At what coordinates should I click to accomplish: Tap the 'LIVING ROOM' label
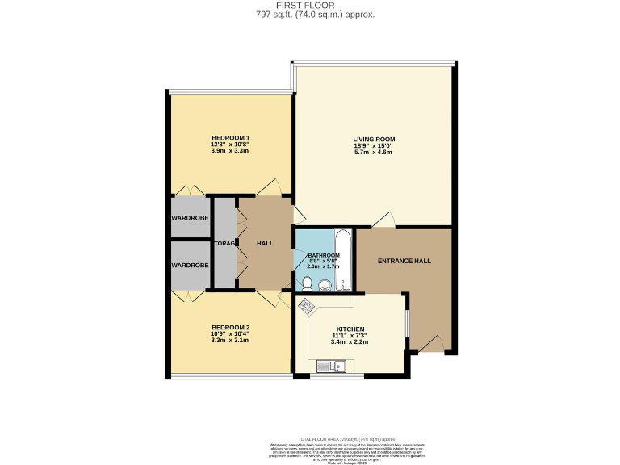373,139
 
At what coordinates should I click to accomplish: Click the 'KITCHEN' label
350,329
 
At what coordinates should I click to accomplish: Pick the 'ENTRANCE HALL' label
404,261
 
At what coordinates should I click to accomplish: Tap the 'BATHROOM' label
323,255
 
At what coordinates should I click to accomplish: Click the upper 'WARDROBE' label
190,218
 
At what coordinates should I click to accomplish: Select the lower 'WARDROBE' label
190,265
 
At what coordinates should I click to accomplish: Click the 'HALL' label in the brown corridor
265,243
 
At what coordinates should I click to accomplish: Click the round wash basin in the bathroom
325,284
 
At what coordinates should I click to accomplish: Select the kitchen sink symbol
330,367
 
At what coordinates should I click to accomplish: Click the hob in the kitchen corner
308,305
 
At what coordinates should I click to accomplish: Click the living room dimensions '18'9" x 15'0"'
373,147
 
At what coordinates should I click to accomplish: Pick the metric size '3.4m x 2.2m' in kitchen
350,342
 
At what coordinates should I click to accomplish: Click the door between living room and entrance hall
383,220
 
